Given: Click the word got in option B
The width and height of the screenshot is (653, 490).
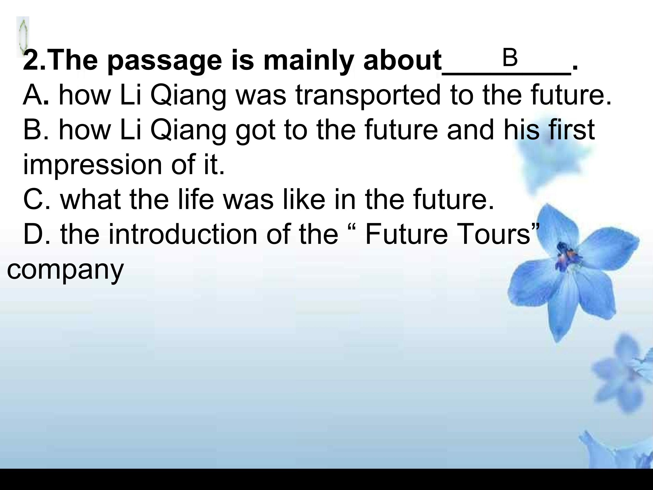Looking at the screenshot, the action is point(256,131).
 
